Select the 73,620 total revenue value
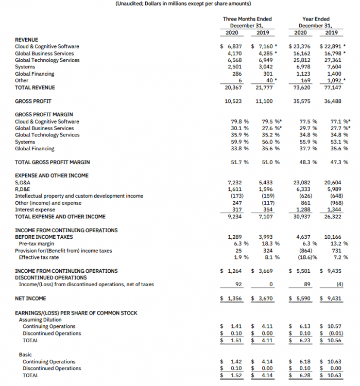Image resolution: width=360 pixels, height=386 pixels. click(x=301, y=87)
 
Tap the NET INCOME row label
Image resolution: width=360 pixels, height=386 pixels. click(x=30, y=298)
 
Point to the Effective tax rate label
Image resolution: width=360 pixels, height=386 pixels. click(x=39, y=257)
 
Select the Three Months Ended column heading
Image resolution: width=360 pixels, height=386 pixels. click(x=247, y=19)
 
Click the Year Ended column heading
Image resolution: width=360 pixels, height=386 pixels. click(x=315, y=19)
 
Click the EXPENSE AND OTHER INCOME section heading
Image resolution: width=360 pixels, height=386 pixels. click(x=52, y=176)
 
